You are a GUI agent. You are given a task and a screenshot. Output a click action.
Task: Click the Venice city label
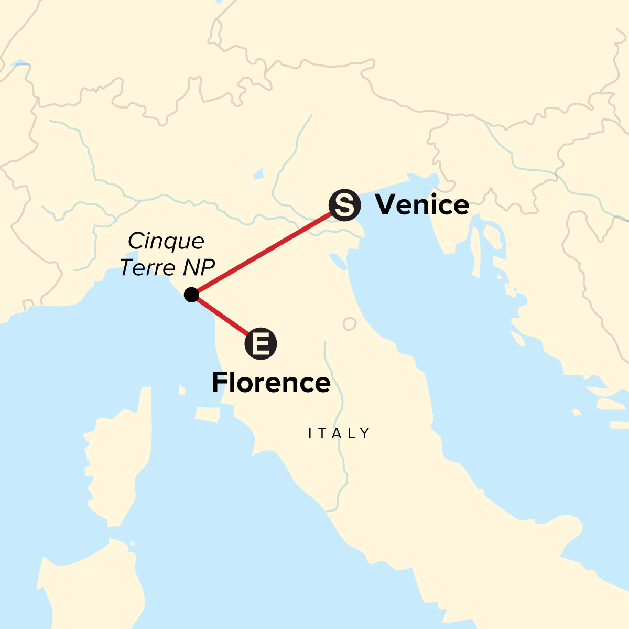coord(422,204)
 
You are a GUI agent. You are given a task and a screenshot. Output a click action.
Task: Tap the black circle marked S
coord(344,205)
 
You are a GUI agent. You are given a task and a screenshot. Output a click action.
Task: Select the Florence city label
coord(271,383)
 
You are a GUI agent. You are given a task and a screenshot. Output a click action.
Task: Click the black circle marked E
coord(261,344)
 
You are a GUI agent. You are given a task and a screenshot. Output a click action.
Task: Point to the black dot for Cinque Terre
coord(192,295)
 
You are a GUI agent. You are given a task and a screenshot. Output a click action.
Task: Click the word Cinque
coord(166,241)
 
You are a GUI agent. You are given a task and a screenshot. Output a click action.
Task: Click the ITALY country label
coord(340,433)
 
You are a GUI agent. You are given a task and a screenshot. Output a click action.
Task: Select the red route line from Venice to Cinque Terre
coord(267,251)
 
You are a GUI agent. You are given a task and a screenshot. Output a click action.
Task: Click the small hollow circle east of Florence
coord(350,324)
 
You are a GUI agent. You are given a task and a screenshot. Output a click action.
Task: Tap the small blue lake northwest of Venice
coord(257,174)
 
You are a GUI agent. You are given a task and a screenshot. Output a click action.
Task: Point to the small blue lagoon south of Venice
coord(339,261)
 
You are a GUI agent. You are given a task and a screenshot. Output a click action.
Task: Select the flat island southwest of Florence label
coord(207,414)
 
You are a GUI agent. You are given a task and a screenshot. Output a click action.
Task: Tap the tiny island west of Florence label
coord(182,390)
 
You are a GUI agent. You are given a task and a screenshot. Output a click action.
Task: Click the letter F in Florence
coord(219,383)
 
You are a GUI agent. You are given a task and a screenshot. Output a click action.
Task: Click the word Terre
coord(148,267)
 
